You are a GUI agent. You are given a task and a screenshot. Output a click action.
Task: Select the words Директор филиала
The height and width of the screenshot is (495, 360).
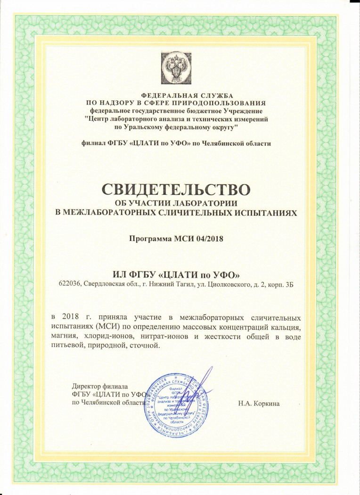click(100, 386)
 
